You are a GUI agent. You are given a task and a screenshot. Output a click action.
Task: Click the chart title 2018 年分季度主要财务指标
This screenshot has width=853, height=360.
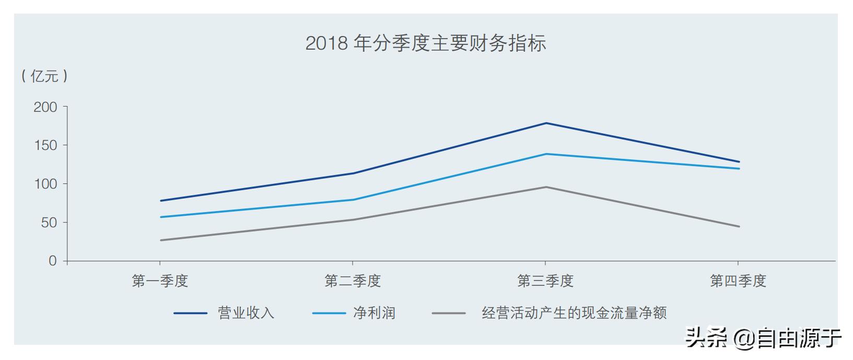click(x=426, y=43)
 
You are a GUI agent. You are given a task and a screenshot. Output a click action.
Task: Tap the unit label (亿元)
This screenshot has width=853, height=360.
click(x=44, y=76)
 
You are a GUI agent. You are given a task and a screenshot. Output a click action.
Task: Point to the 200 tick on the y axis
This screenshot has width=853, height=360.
click(x=45, y=107)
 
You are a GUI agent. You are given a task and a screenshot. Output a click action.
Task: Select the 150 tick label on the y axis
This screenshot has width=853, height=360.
click(x=45, y=145)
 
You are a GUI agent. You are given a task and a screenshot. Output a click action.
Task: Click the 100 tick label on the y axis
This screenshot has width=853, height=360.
click(x=45, y=184)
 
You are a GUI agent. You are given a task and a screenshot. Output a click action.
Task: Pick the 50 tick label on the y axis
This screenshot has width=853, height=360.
click(x=49, y=223)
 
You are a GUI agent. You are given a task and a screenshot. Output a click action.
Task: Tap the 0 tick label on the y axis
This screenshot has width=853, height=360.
click(x=52, y=261)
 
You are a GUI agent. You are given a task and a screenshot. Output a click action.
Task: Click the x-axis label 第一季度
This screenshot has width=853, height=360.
click(x=160, y=281)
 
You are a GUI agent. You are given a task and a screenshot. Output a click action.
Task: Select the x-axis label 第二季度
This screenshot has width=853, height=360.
click(x=353, y=281)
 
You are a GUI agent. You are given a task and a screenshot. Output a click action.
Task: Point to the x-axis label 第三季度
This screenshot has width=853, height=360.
click(x=545, y=281)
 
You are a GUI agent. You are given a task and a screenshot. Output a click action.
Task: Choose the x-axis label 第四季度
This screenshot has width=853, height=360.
click(x=738, y=281)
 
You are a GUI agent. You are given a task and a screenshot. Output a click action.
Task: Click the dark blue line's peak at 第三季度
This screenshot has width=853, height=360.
click(x=546, y=123)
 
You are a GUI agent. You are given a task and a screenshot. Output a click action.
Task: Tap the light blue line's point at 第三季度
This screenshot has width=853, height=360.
click(x=546, y=154)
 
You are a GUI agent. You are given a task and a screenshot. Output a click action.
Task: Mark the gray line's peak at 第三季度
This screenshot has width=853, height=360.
click(x=546, y=187)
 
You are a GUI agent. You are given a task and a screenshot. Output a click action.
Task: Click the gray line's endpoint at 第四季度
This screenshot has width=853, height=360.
click(x=739, y=226)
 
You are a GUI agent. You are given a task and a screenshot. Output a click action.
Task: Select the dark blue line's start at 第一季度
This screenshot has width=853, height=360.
click(x=161, y=201)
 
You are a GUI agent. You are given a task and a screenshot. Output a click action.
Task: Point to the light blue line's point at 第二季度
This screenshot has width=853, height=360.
click(x=353, y=200)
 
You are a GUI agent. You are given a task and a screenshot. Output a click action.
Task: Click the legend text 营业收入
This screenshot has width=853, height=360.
click(x=246, y=313)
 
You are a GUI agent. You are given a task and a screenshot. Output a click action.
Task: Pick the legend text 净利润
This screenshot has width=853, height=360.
click(x=374, y=313)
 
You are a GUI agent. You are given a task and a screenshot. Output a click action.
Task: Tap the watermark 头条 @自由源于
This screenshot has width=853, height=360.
click(x=763, y=338)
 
